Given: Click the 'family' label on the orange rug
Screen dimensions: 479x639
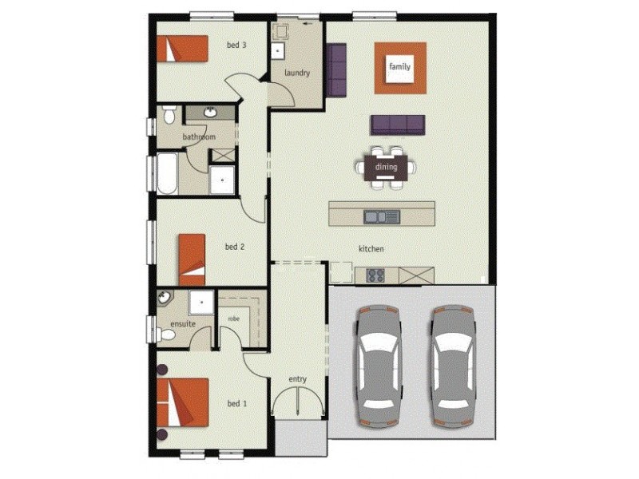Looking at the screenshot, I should coord(399,67).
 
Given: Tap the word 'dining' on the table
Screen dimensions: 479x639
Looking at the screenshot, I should coord(386,168).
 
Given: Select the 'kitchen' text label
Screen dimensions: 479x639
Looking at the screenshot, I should coord(371,250).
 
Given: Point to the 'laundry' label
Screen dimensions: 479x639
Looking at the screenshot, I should coord(296,73).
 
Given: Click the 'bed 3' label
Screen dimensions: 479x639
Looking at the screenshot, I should coord(234,46).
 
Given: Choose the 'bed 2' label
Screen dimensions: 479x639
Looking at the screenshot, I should coord(234,247).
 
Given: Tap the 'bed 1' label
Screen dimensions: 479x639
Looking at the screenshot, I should coord(236,404).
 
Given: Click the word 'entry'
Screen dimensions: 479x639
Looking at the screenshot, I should coord(297,378).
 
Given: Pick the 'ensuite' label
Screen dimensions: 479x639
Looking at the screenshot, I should coord(183,325).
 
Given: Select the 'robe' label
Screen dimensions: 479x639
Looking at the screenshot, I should coord(233,318).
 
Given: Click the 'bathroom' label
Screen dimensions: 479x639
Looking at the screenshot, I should coord(198,137).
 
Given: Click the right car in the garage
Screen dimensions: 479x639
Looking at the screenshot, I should coord(454,366).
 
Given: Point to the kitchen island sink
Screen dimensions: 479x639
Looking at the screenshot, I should coord(382,216).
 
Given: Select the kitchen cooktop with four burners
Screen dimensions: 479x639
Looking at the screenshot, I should coord(375,275).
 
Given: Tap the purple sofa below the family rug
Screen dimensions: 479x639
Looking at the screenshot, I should coord(397,125).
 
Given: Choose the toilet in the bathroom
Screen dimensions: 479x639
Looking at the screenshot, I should coord(169,116).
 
